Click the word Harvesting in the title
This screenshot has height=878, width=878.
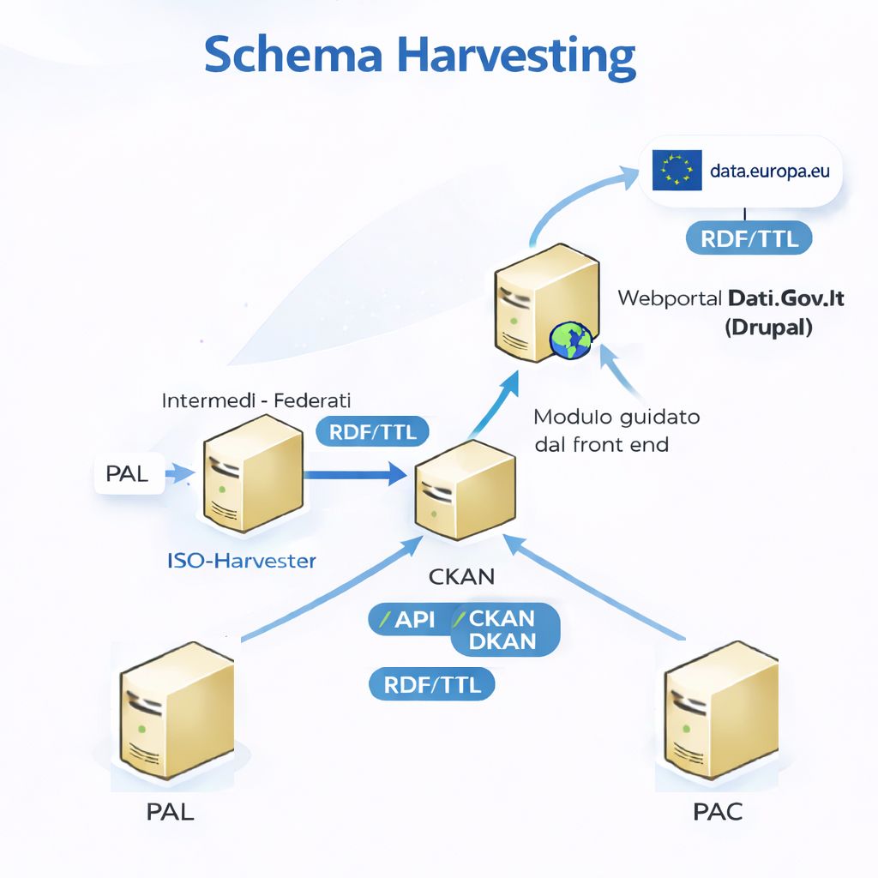(x=517, y=57)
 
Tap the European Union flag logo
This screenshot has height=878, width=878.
(x=677, y=171)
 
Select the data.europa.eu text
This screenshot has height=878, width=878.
(x=770, y=171)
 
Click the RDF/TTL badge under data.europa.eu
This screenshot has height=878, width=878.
(x=749, y=238)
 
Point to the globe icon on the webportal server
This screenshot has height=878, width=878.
(x=571, y=340)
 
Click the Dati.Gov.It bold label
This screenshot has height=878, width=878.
(x=786, y=298)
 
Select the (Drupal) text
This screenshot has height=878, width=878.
(x=768, y=327)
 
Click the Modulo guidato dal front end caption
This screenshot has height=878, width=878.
(x=616, y=430)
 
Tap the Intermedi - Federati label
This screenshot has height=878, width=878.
(x=256, y=400)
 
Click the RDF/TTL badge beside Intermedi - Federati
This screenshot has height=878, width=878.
(x=373, y=432)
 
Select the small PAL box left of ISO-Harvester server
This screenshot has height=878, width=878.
(x=127, y=474)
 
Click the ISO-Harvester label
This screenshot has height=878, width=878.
(x=242, y=561)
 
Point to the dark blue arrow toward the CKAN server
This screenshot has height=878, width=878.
(x=356, y=472)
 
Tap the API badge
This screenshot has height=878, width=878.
(x=409, y=619)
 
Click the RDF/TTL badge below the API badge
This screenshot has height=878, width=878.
(x=432, y=684)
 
